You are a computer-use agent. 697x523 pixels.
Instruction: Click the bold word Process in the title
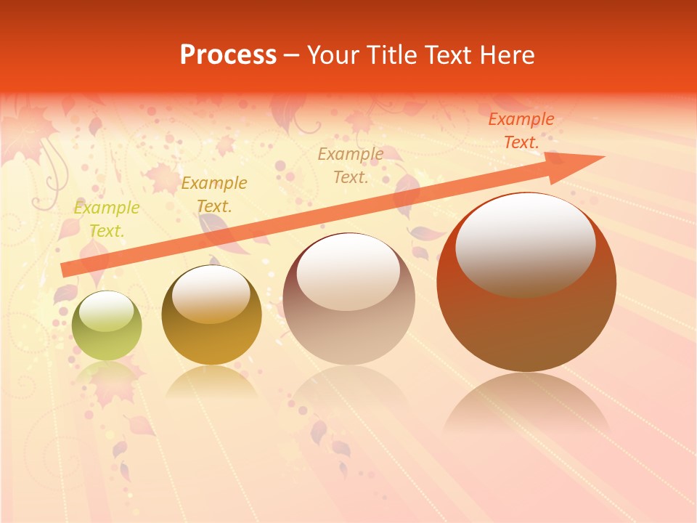(x=228, y=55)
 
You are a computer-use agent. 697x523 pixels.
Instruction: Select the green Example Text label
(x=107, y=219)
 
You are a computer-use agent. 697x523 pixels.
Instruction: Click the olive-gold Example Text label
(x=214, y=194)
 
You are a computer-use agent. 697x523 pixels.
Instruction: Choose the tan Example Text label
(x=351, y=165)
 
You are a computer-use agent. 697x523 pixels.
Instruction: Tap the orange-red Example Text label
(x=521, y=131)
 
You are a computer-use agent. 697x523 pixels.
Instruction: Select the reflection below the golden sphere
(x=211, y=381)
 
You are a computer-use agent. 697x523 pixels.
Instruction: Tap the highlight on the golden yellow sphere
(x=211, y=294)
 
